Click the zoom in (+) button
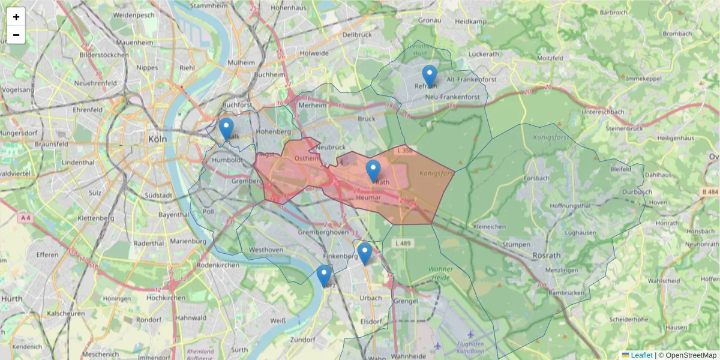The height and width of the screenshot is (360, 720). point(16,17)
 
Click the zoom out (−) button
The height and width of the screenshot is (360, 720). point(16,35)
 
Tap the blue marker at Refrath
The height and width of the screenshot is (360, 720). point(430,76)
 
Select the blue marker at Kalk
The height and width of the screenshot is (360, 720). point(226,129)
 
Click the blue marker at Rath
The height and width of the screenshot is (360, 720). point(373,171)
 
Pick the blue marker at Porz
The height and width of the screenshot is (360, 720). point(324,276)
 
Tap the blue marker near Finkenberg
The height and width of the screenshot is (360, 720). point(364,254)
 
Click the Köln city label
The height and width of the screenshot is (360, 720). point(157,139)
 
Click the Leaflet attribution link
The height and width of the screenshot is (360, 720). point(641,355)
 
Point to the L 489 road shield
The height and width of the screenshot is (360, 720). point(403,243)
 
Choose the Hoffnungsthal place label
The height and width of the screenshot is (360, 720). point(557,205)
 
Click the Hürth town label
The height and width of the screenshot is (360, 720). point(11,298)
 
